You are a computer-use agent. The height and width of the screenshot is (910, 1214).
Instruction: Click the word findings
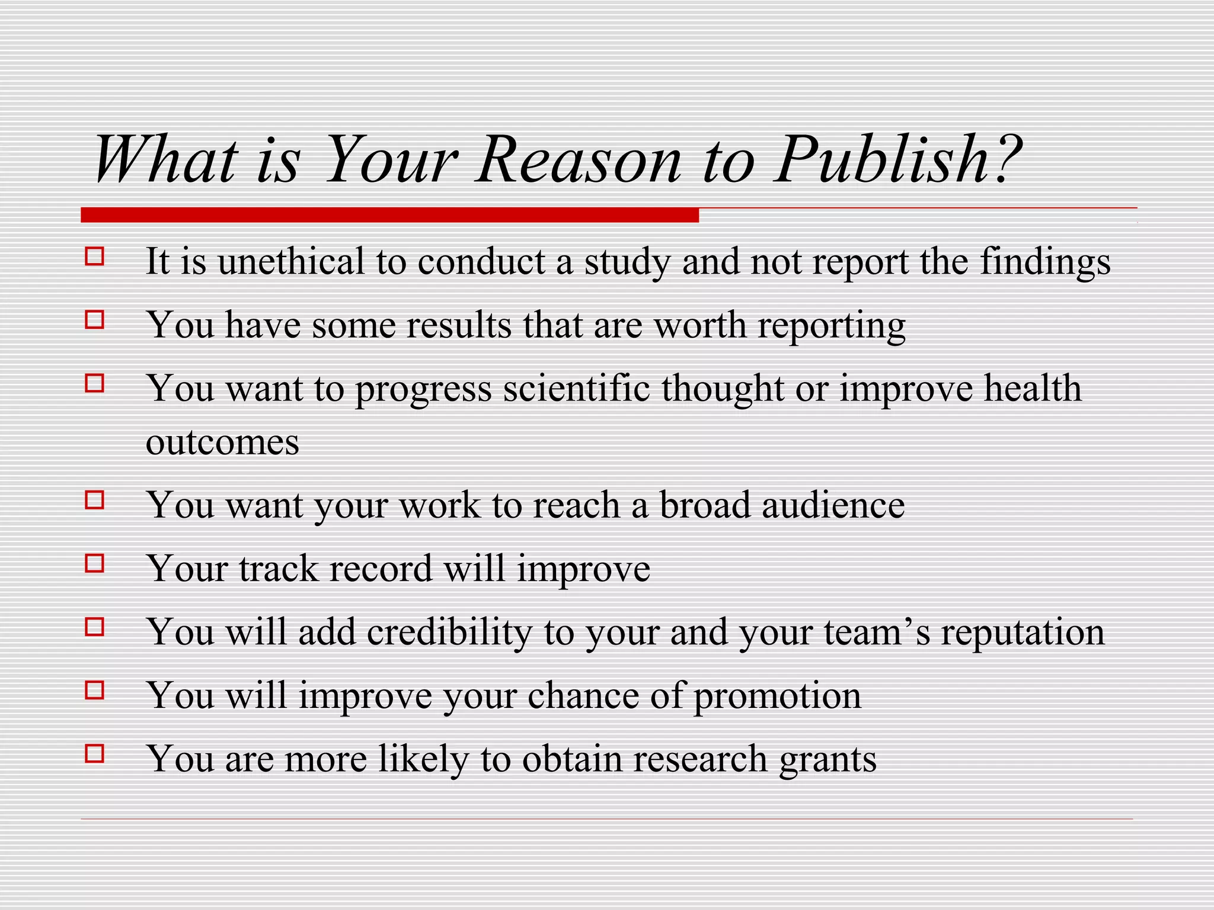1045,262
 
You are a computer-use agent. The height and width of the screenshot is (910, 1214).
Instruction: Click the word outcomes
222,443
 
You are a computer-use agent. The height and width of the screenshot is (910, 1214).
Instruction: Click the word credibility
449,632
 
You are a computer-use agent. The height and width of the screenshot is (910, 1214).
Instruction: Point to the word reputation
1023,633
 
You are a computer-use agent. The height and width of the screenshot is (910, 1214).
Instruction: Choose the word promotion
777,697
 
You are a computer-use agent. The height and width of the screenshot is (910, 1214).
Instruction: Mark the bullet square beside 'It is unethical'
95,257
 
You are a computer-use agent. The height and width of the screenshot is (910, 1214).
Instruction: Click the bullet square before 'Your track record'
95,563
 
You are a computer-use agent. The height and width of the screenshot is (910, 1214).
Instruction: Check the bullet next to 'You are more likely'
95,754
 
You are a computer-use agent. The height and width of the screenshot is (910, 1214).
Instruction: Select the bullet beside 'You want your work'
95,500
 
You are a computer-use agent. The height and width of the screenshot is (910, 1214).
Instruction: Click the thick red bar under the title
389,215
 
